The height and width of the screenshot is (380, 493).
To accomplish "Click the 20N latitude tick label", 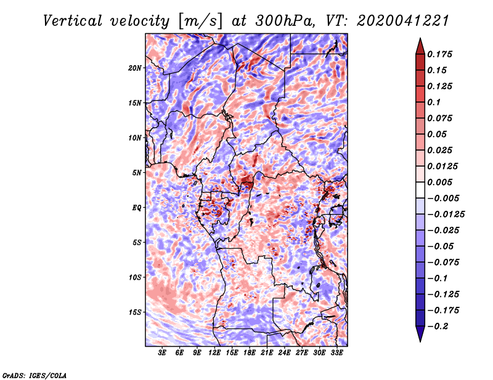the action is pyautogui.click(x=134, y=68).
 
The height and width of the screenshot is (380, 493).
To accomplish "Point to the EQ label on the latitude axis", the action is pyautogui.click(x=136, y=207).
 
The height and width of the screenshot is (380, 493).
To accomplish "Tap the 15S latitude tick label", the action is pyautogui.click(x=134, y=312).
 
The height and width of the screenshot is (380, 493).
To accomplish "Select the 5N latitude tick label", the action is pyautogui.click(x=136, y=173).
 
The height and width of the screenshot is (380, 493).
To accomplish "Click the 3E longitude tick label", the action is pyautogui.click(x=162, y=353).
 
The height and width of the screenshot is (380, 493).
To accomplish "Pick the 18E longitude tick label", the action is pyautogui.click(x=249, y=353).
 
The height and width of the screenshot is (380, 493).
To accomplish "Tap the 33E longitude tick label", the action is pyautogui.click(x=336, y=353).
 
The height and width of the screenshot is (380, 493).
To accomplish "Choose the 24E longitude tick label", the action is pyautogui.click(x=284, y=353).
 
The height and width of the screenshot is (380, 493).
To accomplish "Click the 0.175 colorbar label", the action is pyautogui.click(x=439, y=54).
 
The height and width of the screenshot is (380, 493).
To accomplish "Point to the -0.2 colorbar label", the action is pyautogui.click(x=437, y=327).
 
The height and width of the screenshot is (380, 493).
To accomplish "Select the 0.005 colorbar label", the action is pyautogui.click(x=439, y=182).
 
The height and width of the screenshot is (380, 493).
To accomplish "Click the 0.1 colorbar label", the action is pyautogui.click(x=434, y=102).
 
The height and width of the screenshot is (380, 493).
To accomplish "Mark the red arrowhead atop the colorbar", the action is pyautogui.click(x=420, y=46).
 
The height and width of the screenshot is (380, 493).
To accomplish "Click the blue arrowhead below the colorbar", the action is pyautogui.click(x=420, y=334).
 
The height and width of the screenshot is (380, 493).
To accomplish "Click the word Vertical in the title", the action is pyautogui.click(x=73, y=21).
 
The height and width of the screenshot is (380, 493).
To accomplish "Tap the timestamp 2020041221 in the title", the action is pyautogui.click(x=403, y=21).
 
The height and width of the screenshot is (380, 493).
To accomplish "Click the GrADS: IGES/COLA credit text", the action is pyautogui.click(x=35, y=376).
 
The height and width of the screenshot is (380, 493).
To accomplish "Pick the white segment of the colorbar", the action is pyautogui.click(x=420, y=190).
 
